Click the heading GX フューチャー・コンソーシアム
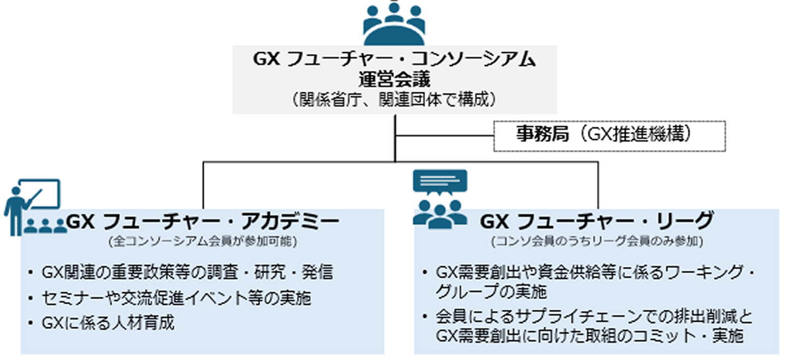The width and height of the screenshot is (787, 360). [394, 60]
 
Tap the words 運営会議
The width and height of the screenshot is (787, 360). [394, 80]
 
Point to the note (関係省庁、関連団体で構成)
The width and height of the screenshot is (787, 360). [394, 99]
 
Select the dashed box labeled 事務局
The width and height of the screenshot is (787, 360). [609, 136]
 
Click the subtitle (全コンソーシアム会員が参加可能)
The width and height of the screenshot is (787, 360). [203, 240]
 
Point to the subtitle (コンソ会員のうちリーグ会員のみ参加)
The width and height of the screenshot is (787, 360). [597, 240]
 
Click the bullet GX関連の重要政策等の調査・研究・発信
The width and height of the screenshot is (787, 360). [187, 272]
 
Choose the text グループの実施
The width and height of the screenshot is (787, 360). [491, 292]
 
